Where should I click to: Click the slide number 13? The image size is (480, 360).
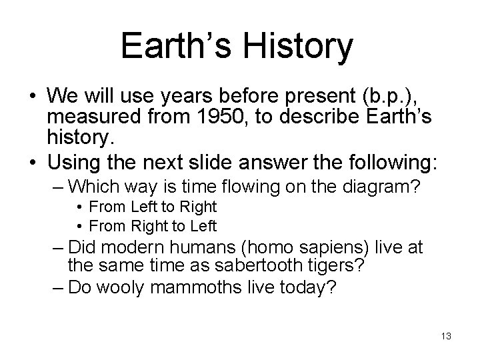click(x=445, y=337)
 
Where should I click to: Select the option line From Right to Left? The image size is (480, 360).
click(x=153, y=225)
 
